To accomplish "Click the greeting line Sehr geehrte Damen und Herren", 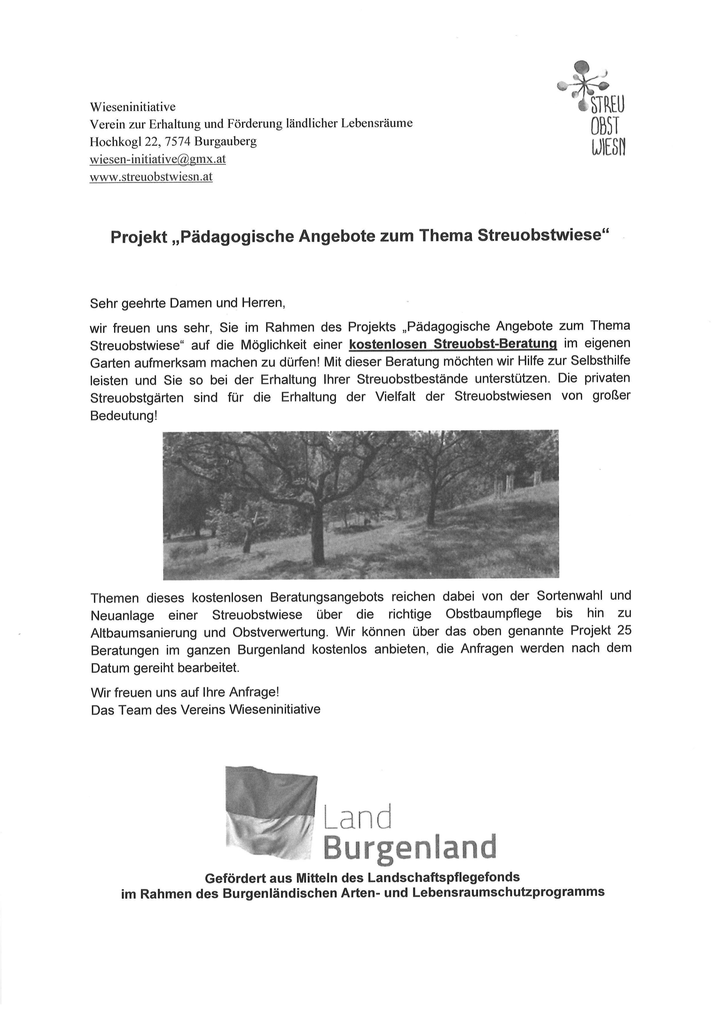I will tap(188, 303).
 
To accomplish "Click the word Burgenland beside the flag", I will tap(410, 848).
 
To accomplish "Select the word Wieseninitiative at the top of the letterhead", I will tap(133, 107).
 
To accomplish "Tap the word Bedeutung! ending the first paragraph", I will tap(123, 416).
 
